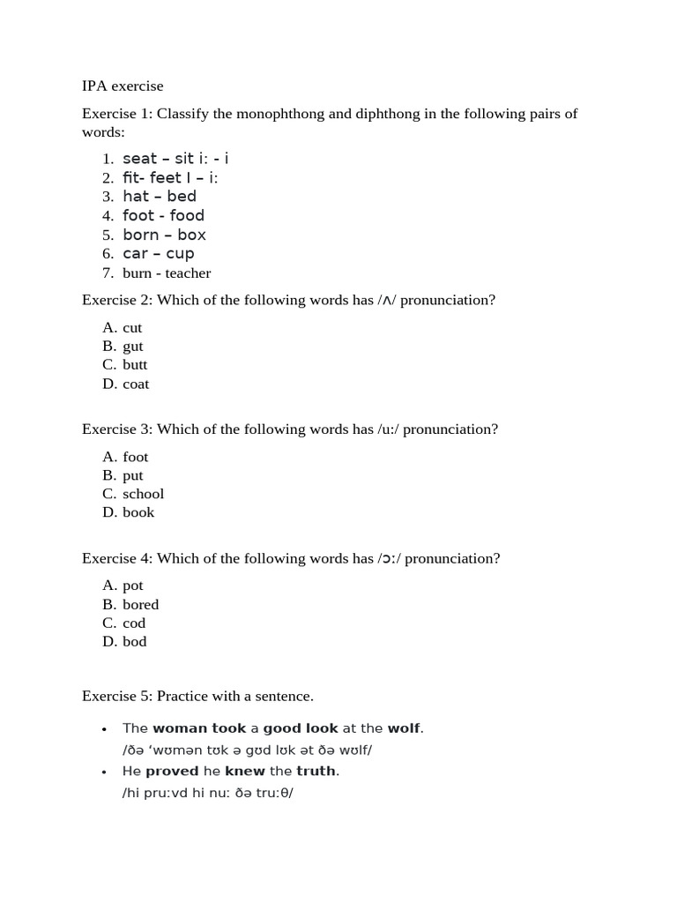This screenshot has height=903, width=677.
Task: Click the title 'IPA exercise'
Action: coord(123,86)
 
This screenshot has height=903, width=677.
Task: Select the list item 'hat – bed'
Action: coord(160,197)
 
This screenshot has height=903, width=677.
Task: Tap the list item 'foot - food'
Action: coord(163,216)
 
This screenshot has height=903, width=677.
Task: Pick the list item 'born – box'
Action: coord(164,235)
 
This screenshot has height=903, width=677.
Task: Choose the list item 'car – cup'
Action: coord(159,254)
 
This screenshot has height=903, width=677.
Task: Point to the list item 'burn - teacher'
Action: coord(167,273)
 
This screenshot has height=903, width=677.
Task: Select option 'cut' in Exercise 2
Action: coord(132,328)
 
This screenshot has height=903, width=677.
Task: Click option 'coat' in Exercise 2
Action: coord(136,384)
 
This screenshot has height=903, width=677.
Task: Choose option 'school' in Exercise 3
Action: coord(143,494)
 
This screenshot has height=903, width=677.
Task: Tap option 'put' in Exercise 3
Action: coord(132,475)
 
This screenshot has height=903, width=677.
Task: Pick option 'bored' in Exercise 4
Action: coord(140,605)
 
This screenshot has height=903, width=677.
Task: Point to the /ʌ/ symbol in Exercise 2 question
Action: coord(387,301)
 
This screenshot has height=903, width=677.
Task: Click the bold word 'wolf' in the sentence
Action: coord(405,728)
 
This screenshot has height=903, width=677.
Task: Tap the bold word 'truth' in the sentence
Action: coord(316,772)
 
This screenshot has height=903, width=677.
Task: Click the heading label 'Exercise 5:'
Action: coord(117,697)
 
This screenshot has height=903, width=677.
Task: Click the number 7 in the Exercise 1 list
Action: coord(108,273)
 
